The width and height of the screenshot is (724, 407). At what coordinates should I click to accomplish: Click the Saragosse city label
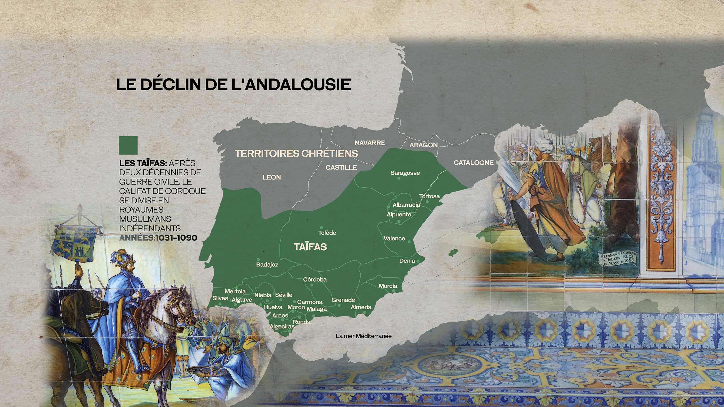tap(405, 173)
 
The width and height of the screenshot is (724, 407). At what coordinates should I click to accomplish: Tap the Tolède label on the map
tap(327, 233)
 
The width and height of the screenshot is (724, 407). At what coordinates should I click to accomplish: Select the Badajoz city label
tap(267, 265)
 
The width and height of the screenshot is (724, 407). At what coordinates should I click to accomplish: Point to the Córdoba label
tap(315, 279)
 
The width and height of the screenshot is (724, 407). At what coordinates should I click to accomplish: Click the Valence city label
tap(394, 238)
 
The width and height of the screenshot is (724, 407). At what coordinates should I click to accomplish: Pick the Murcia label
tap(388, 286)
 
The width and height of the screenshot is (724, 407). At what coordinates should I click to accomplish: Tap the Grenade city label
tap(343, 300)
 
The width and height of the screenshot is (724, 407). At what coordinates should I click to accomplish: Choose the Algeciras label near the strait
tap(282, 326)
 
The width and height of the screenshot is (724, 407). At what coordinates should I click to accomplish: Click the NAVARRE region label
tap(370, 143)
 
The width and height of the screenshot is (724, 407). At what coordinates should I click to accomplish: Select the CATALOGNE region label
tap(473, 163)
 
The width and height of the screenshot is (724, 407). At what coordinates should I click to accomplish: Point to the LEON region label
tap(271, 177)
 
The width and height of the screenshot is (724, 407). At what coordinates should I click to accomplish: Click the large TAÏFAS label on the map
tap(310, 247)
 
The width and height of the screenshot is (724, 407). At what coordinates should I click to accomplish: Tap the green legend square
tap(128, 145)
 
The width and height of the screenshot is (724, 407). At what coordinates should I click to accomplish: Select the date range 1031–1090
tap(176, 238)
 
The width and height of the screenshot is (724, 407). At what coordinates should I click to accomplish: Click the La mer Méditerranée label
tap(363, 336)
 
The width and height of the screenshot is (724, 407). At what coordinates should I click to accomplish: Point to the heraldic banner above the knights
tap(76, 242)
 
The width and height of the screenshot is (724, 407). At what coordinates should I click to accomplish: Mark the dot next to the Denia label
tap(418, 261)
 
